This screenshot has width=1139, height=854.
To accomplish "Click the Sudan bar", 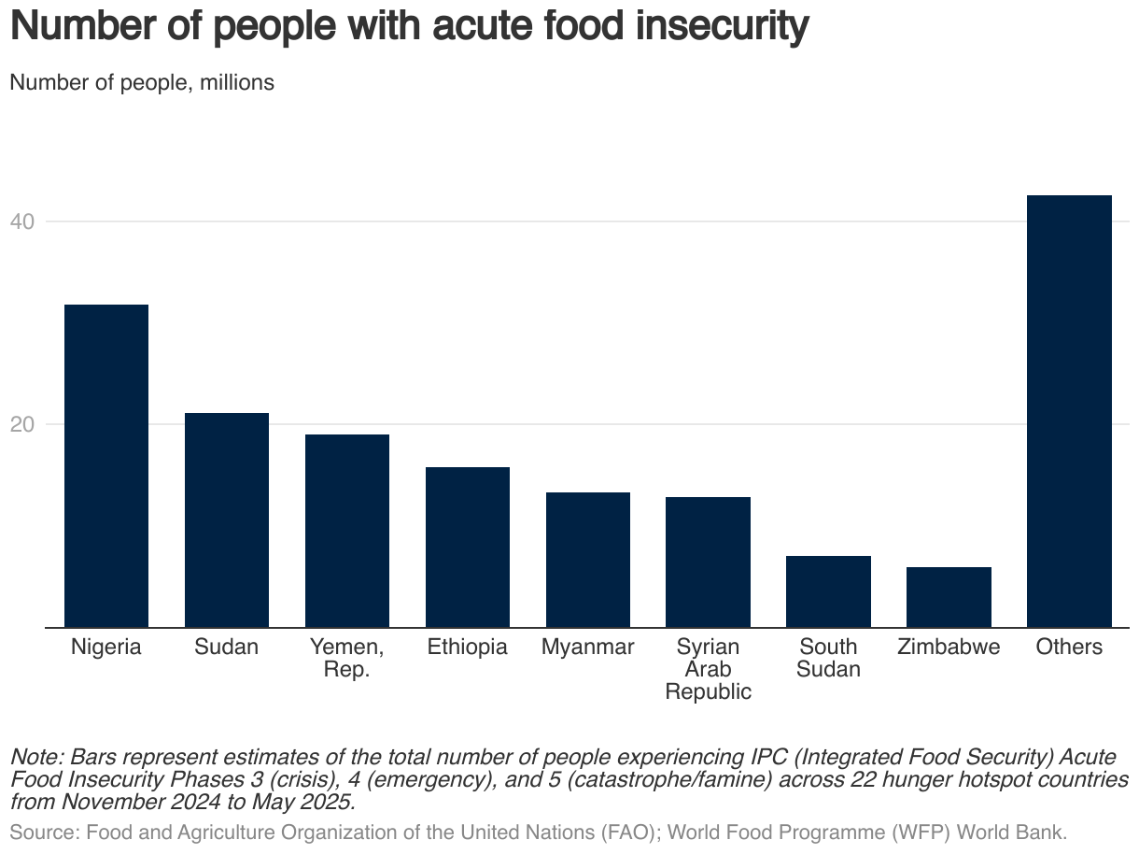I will pos(227,520).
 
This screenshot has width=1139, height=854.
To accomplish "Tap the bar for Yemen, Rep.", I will pos(347,531).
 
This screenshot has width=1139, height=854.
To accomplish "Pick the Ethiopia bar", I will pos(468,547).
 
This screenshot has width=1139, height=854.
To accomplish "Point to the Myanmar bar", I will pos(588,560).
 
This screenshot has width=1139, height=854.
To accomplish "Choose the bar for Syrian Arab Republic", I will pos(708,562).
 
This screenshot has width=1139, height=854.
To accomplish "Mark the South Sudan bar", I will pos(828,591).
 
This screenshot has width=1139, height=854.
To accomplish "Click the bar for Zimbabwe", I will pos(949,597).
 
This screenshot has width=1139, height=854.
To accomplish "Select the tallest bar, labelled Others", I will pos(1069,411).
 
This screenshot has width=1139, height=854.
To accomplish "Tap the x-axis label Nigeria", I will pos(105,648).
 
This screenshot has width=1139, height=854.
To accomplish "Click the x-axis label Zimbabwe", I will pos(949,648).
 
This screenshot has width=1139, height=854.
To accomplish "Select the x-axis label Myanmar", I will pos(588,648).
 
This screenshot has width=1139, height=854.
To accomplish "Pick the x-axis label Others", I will pos(1069,648).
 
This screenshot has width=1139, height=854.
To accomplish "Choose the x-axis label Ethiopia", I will pos(468,648).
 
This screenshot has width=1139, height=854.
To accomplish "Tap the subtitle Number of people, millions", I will pos(142,82).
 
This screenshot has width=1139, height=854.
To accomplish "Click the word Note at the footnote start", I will pos(35,756).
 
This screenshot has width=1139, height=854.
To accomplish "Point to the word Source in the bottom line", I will pos(38,833).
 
